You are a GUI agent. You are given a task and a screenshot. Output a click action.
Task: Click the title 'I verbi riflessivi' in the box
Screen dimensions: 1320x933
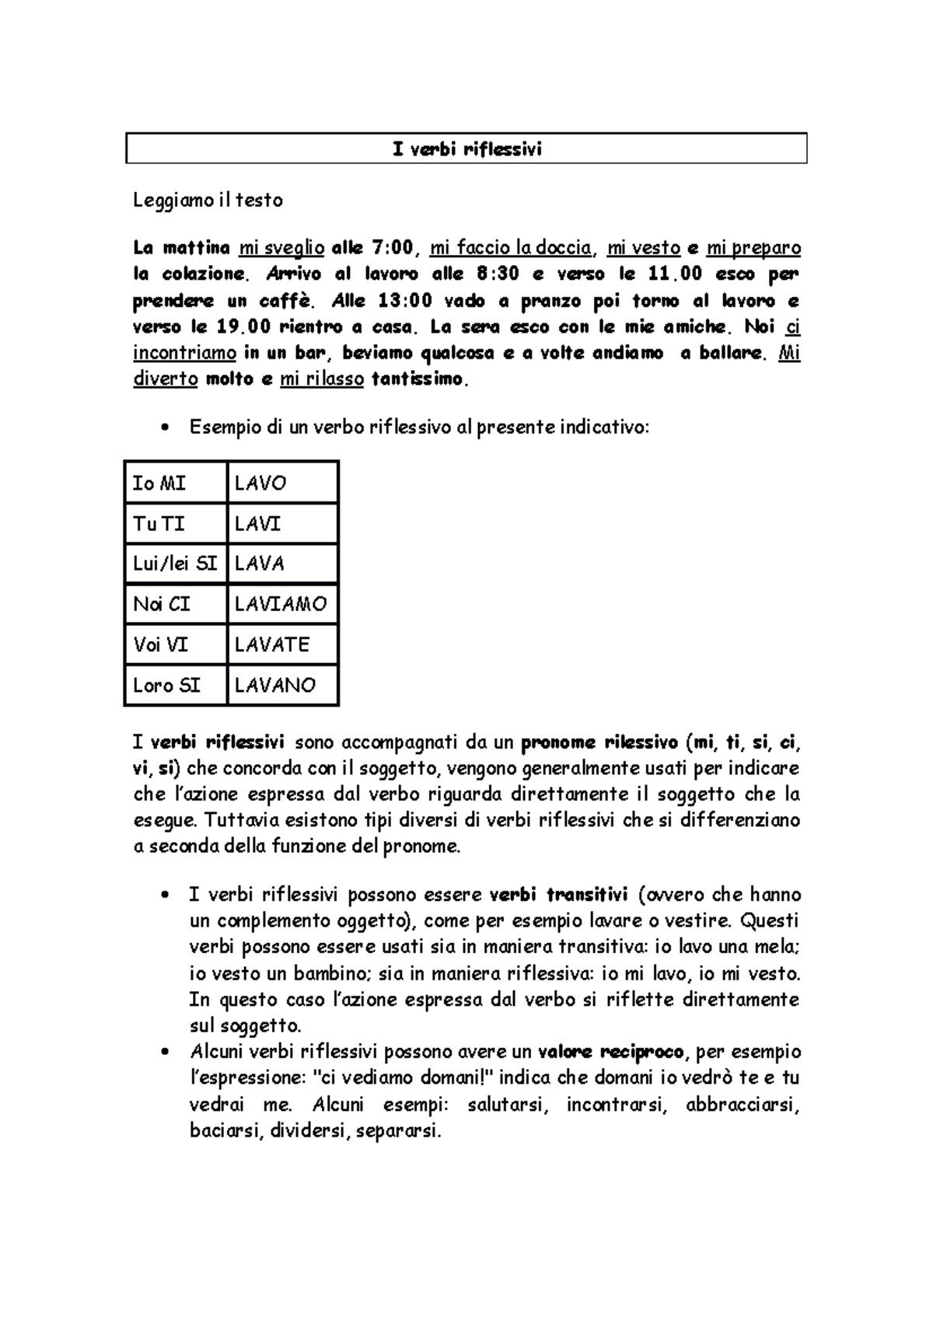tap(466, 148)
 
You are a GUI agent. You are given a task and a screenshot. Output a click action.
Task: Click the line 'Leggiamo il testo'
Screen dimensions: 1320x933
tap(208, 201)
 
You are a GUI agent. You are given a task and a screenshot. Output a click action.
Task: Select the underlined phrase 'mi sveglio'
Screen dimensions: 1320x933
tap(281, 248)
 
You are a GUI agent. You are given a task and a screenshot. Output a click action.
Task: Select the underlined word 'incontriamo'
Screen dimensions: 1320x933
tap(184, 353)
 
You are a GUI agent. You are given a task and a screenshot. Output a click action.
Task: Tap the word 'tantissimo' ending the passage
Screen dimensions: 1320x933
tap(420, 379)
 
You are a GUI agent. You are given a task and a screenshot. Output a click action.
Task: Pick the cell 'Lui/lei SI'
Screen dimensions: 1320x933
tap(175, 564)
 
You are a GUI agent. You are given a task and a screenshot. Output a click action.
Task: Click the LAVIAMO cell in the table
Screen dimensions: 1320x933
tap(281, 605)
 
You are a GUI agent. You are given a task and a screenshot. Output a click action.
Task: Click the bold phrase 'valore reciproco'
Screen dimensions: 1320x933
tap(611, 1053)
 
